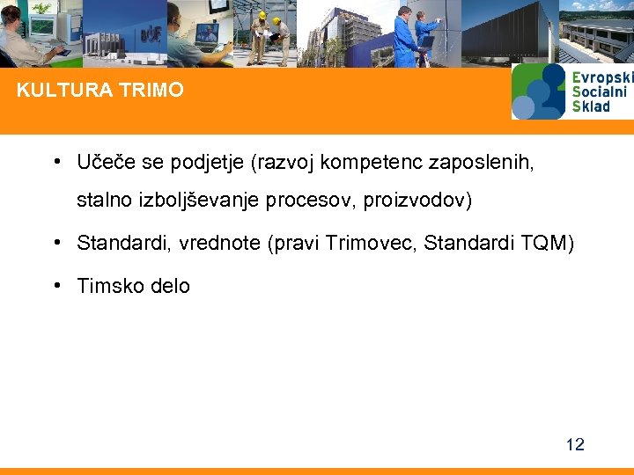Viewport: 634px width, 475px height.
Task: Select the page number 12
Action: [x=574, y=444]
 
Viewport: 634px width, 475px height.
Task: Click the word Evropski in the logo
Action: [x=601, y=77]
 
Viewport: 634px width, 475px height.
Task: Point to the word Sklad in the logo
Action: [x=591, y=106]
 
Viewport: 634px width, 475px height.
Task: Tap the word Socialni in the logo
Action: [x=600, y=91]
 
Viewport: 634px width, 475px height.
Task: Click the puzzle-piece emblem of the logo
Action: [x=538, y=91]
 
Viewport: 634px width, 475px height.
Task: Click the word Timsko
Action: [x=109, y=286]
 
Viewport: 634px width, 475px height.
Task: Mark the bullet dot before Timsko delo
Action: [x=56, y=285]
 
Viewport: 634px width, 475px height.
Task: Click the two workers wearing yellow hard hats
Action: [x=269, y=35]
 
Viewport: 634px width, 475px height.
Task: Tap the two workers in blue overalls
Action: [x=415, y=35]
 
